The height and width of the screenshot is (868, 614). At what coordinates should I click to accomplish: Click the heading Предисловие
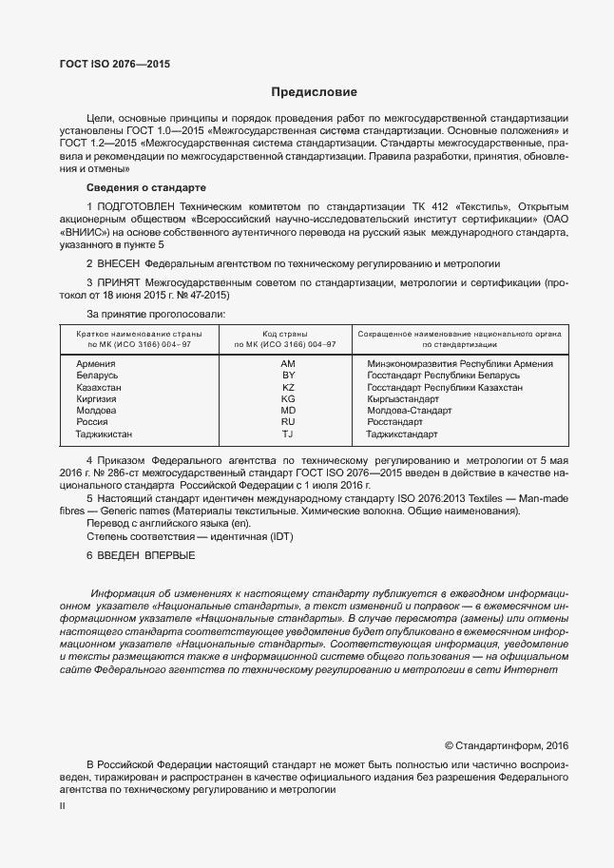tap(314, 92)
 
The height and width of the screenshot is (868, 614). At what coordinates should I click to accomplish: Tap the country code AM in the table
tap(288, 364)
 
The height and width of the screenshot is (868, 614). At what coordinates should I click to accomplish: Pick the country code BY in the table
tap(288, 376)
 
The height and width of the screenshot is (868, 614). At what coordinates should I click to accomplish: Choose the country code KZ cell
tap(288, 387)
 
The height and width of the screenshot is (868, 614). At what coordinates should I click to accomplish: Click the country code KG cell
tap(288, 398)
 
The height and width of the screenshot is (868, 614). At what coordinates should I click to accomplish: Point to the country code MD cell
tap(288, 410)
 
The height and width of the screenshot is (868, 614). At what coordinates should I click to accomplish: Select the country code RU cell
tap(288, 421)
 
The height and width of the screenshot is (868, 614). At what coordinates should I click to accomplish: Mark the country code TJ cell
tap(288, 434)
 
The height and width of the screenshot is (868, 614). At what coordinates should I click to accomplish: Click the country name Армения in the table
tap(95, 364)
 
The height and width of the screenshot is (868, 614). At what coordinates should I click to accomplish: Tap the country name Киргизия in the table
tap(97, 398)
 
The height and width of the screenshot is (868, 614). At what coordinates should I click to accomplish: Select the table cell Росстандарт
tap(394, 421)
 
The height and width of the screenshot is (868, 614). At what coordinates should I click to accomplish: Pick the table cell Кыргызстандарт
tap(402, 398)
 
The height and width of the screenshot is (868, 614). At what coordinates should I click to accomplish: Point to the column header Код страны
tap(288, 334)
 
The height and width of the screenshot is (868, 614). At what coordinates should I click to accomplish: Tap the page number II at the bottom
tap(62, 806)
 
